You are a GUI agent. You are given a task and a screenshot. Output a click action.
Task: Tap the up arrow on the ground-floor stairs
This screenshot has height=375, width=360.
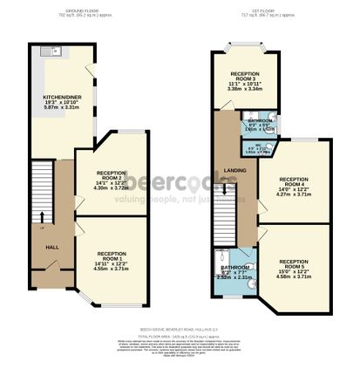(40, 228)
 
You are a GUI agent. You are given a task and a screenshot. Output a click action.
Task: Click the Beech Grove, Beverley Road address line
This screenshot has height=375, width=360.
(180, 331)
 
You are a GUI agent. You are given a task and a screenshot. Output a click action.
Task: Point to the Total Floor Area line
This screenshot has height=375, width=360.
(180, 336)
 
